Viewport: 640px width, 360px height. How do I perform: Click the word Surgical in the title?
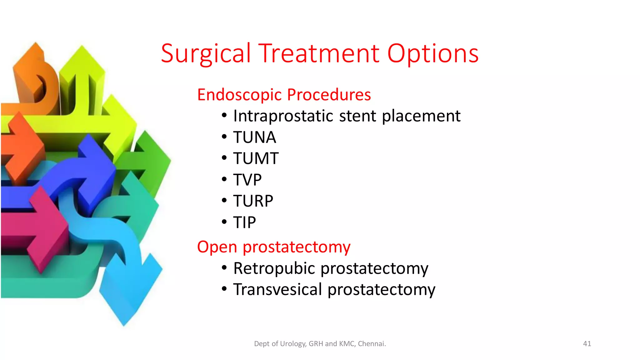pos(206,54)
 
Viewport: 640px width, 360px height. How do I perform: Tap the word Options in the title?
pos(433,54)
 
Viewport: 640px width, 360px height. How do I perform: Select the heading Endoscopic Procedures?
pos(284,95)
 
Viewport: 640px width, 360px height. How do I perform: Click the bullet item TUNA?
pos(255,137)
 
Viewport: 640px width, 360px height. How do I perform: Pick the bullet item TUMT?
pos(256,158)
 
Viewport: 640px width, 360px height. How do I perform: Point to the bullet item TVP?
pos(247,180)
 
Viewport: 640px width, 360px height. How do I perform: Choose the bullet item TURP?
pos(253,201)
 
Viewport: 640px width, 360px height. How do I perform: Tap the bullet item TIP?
pos(244,222)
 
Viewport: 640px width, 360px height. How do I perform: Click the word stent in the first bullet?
pos(358,116)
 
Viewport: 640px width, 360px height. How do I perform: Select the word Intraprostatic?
pos(284,116)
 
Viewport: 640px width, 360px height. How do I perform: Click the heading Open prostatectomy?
pos(274,247)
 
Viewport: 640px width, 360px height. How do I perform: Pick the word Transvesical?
pos(277,289)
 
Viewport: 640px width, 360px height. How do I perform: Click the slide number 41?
pos(587,344)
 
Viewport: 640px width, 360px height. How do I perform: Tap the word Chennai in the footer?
pos(372,344)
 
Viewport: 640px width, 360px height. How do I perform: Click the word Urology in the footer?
pos(293,344)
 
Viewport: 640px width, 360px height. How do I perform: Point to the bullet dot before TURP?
pos(224,201)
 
